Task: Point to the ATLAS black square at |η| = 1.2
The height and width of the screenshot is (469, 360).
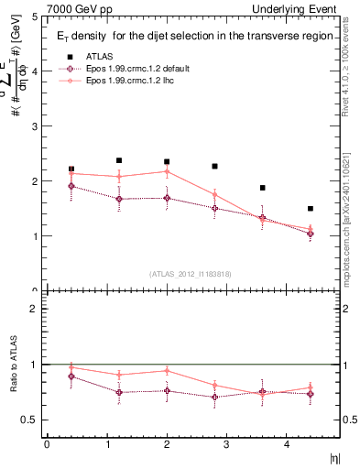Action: click(119, 160)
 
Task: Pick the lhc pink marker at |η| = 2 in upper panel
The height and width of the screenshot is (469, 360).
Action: click(167, 171)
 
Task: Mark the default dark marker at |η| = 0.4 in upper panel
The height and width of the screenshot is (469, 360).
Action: click(71, 186)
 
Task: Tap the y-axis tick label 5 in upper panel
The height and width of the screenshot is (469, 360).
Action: click(34, 16)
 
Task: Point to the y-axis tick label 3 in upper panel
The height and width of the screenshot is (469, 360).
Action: click(34, 126)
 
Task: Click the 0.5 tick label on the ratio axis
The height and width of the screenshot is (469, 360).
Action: click(29, 420)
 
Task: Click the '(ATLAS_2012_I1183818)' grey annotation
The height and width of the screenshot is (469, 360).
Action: click(190, 274)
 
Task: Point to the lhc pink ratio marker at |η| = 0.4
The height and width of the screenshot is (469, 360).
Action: click(71, 367)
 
